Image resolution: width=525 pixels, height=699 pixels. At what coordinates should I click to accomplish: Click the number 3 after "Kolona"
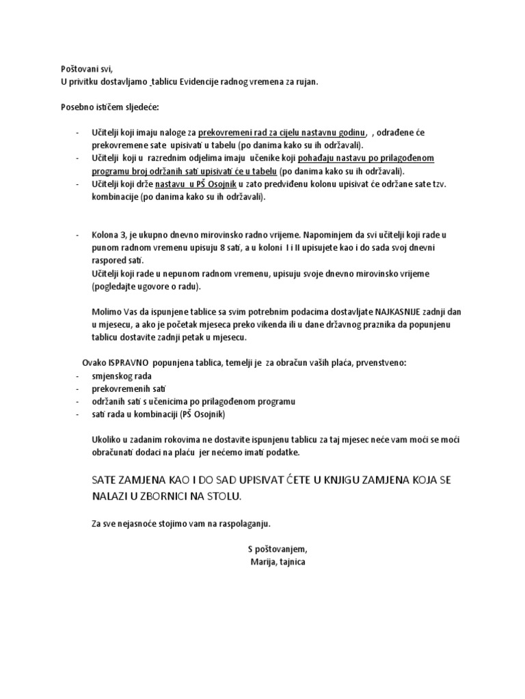coord(120,235)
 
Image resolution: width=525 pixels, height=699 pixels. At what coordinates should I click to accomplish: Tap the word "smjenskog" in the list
coord(113,376)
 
